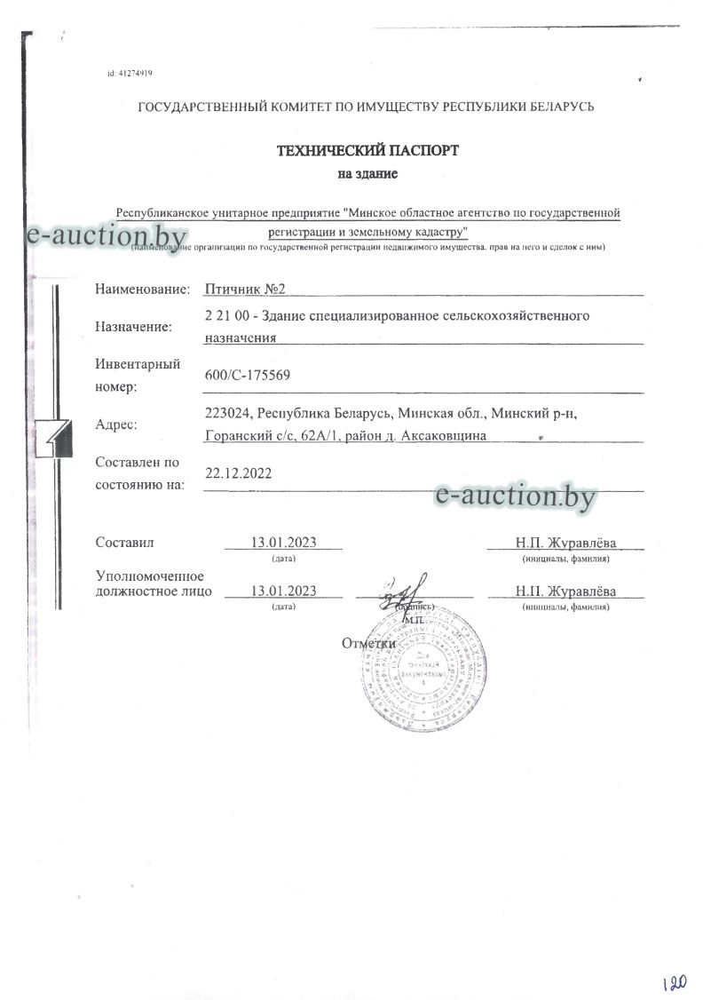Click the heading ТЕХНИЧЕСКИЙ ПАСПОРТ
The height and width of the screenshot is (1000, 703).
tap(367, 151)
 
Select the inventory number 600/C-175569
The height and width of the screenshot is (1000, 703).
tap(247, 376)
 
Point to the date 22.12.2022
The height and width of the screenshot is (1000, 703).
tap(238, 473)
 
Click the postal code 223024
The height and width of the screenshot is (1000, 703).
tap(228, 414)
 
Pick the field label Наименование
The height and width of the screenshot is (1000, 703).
tap(142, 290)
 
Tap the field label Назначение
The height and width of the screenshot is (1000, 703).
tap(133, 327)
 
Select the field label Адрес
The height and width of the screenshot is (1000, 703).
tap(116, 425)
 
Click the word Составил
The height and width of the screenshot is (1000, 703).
tap(125, 542)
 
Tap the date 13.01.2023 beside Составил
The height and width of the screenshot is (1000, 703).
tap(284, 542)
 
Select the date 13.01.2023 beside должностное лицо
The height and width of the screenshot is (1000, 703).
tap(284, 591)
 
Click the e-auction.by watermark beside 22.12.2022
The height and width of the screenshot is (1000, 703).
tap(515, 496)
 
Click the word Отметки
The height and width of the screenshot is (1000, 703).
tap(367, 643)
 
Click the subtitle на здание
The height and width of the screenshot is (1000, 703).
tap(367, 174)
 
